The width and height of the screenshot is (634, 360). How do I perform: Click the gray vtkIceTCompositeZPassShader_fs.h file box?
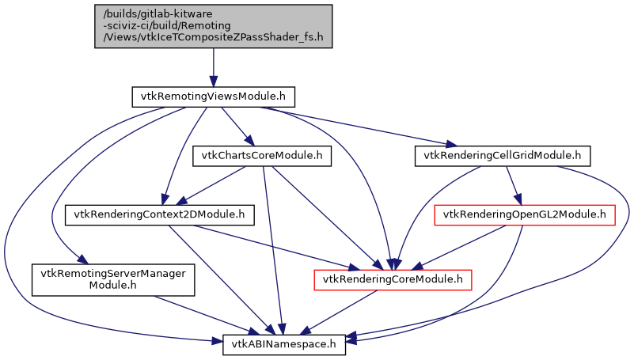[x=213, y=25]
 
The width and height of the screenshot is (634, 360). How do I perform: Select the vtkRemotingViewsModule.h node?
[x=212, y=97]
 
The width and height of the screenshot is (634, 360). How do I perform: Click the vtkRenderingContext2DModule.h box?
[x=159, y=214]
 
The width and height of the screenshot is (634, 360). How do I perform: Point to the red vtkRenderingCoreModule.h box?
[x=393, y=279]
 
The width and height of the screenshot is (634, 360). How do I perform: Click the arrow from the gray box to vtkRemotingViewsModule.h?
[x=213, y=67]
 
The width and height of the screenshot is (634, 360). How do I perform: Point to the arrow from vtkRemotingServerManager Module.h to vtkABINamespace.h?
[x=198, y=312]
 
